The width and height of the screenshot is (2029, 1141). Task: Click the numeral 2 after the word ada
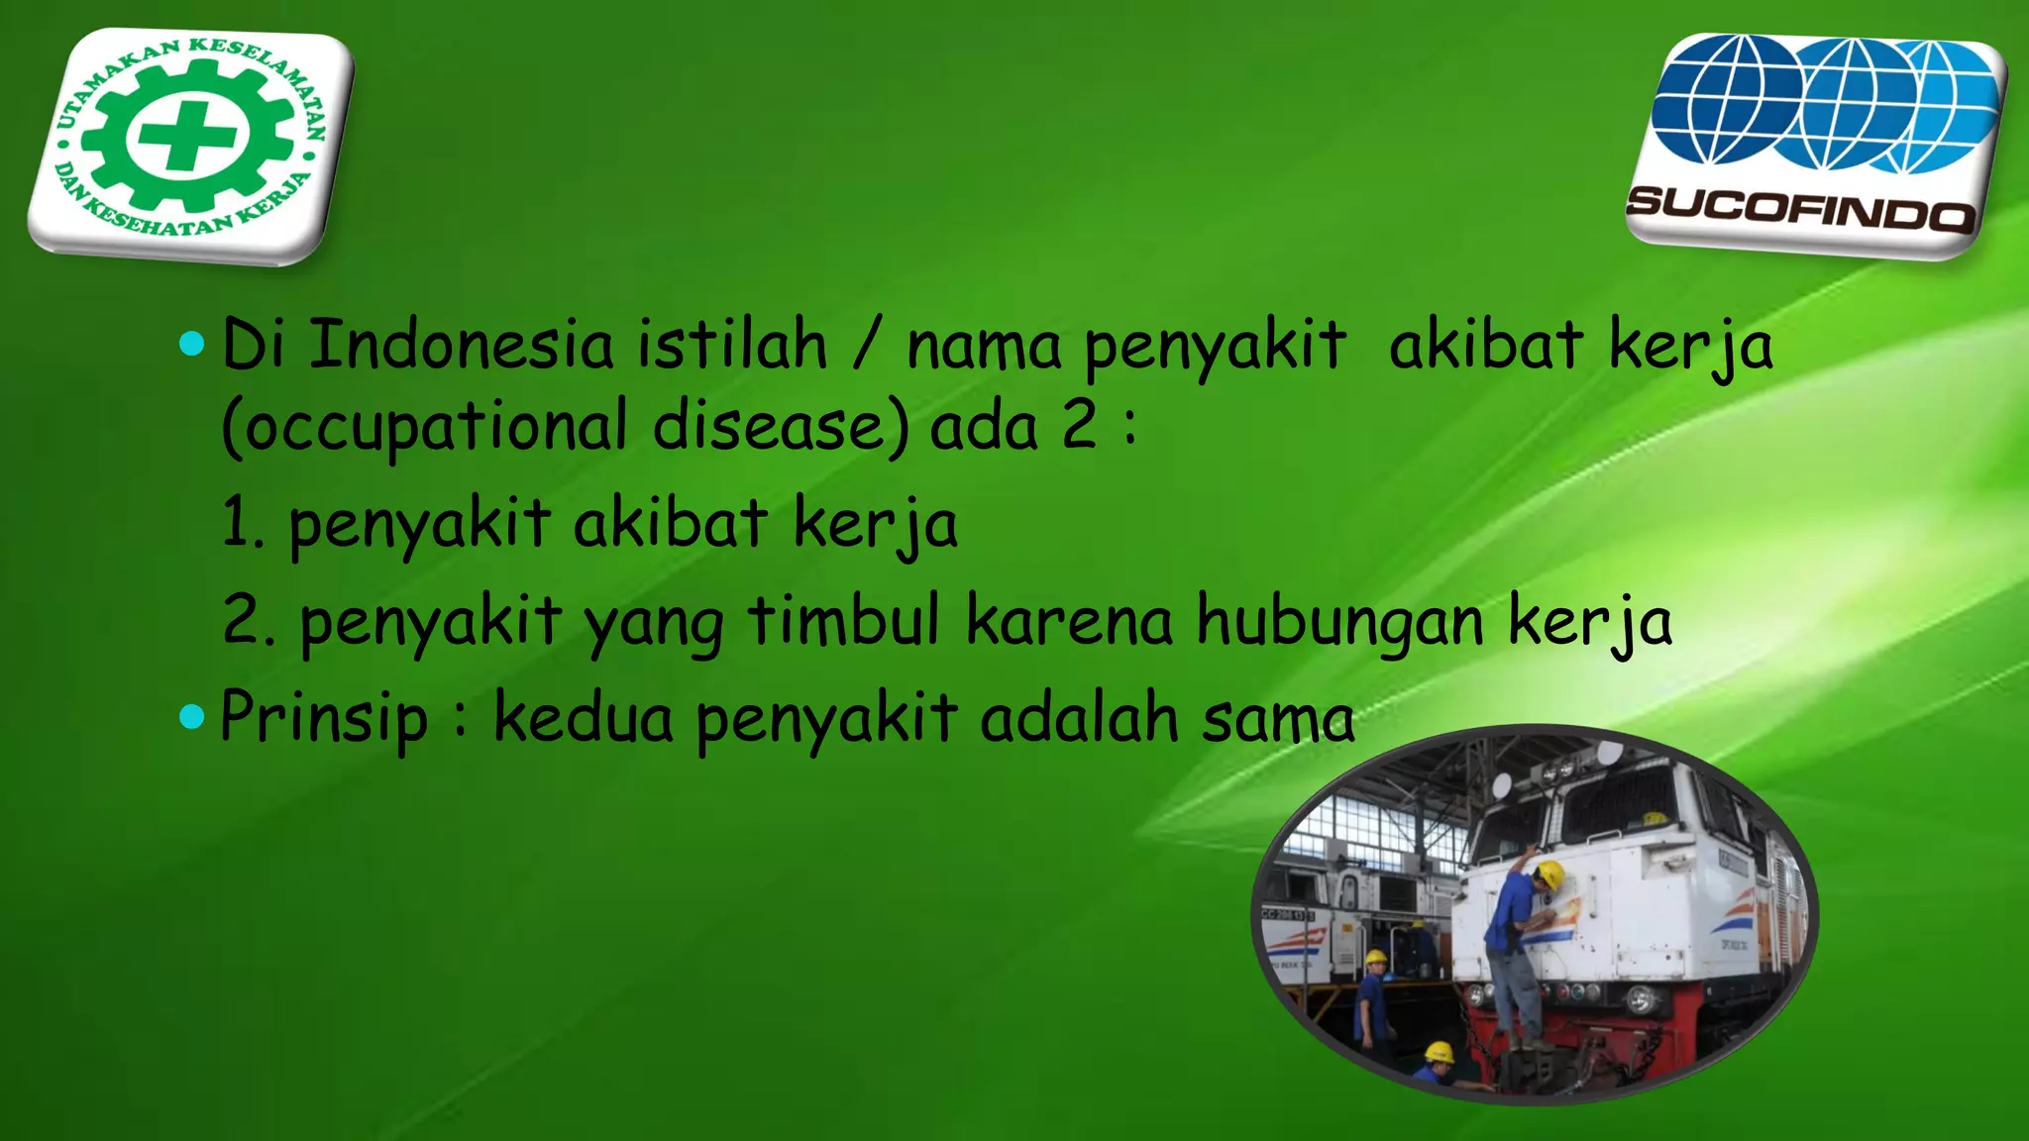pos(1079,426)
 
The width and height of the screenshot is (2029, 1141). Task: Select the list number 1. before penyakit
pos(242,523)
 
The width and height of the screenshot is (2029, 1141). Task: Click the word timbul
pos(843,620)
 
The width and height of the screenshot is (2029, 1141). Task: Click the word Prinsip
pos(323,717)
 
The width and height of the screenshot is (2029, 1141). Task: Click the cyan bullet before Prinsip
pos(191,716)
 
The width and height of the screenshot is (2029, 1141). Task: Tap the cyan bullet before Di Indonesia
pos(191,344)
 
